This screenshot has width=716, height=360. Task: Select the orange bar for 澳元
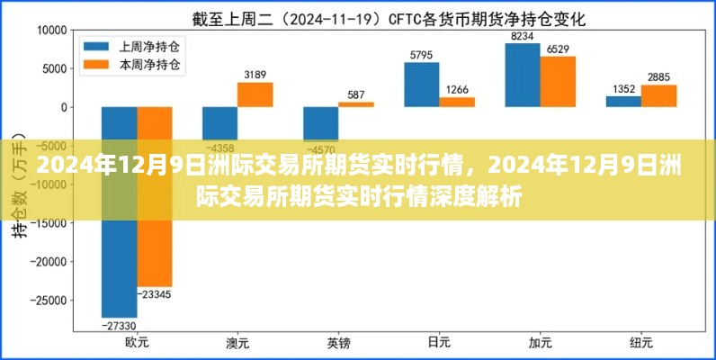click(255, 95)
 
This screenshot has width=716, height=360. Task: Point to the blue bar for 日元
click(422, 85)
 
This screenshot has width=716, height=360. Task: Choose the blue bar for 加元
click(523, 76)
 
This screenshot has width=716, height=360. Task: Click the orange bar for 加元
click(558, 82)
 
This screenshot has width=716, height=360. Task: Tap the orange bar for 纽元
click(658, 96)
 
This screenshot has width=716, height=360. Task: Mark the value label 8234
click(523, 36)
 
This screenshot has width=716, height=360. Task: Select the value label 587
click(356, 94)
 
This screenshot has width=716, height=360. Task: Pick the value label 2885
click(658, 77)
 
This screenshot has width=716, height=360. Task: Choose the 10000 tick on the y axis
click(46, 30)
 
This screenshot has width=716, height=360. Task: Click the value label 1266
click(457, 89)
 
